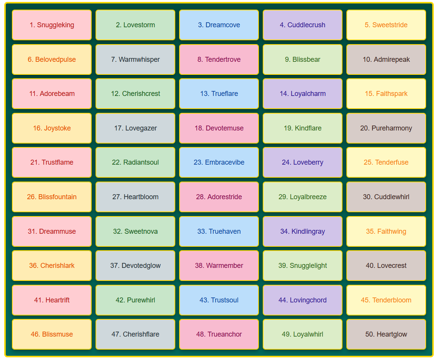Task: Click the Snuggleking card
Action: tap(52, 25)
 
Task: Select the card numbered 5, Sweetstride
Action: tap(386, 25)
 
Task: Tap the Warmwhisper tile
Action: tap(135, 59)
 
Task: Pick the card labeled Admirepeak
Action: tap(386, 59)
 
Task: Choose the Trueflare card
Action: tap(219, 94)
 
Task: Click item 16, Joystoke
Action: tap(52, 128)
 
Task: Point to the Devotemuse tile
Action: tap(219, 128)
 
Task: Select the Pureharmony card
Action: tap(386, 128)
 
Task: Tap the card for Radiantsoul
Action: tap(135, 162)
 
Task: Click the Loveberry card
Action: tap(303, 162)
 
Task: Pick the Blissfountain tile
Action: tap(52, 197)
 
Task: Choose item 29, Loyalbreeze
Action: tap(303, 197)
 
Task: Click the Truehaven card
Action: tap(219, 231)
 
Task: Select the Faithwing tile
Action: tap(386, 231)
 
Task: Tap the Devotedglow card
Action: tap(135, 266)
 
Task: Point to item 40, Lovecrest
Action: tap(386, 266)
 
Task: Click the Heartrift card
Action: tap(52, 300)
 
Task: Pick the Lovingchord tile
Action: tap(303, 300)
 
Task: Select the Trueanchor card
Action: tap(219, 334)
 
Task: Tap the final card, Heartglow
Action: tap(386, 334)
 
